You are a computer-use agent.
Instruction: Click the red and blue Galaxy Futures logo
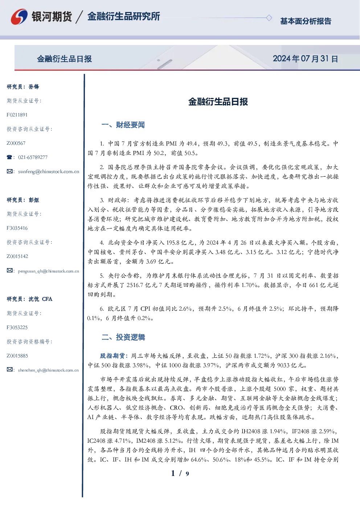tap(19, 17)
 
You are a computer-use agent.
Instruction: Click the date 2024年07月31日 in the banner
tap(305, 59)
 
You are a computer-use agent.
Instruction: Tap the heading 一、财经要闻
tap(123, 125)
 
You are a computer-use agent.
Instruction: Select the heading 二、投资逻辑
tap(123, 337)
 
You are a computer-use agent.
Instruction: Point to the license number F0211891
tap(17, 115)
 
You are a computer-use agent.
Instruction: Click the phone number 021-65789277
tap(33, 157)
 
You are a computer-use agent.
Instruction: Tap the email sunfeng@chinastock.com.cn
tap(49, 172)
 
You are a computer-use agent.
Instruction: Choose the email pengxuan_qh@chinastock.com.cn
tap(49, 271)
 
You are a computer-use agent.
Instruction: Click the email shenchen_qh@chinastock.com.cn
tap(48, 370)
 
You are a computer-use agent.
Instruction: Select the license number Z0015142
tap(17, 256)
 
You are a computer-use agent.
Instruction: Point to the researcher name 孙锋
tap(34, 87)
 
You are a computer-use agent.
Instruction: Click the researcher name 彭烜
tap(34, 200)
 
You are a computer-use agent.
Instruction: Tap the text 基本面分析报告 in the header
tap(306, 21)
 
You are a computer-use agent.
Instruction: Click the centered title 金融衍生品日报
tap(218, 102)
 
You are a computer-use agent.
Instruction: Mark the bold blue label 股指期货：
tap(114, 356)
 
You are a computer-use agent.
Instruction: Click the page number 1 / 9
tap(180, 473)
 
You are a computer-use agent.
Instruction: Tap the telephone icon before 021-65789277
tap(9, 157)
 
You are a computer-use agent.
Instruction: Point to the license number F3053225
tap(17, 328)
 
